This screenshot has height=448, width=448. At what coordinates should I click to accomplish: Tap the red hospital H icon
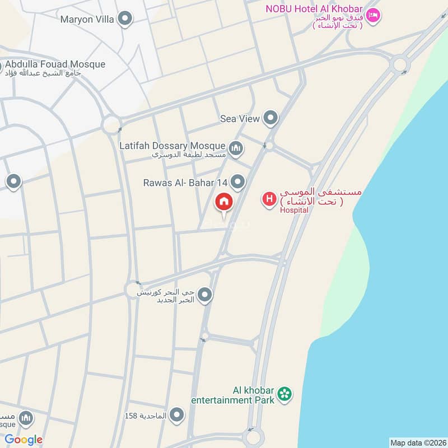click(269, 199)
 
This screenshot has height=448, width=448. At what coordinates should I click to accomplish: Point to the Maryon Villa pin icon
click(126, 19)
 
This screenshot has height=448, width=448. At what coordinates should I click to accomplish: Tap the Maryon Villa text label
click(88, 20)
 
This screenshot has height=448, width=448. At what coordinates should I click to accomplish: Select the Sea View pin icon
click(271, 118)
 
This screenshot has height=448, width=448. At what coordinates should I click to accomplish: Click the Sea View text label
click(240, 119)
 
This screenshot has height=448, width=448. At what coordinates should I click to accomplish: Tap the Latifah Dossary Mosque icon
click(236, 147)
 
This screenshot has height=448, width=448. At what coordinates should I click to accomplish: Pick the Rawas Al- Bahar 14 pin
click(239, 182)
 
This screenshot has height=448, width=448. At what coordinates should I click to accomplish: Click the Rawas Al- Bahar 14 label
click(185, 183)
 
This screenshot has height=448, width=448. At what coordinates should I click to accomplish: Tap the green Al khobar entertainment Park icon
click(285, 395)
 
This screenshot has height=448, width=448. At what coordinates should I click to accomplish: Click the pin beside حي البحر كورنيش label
click(206, 295)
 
